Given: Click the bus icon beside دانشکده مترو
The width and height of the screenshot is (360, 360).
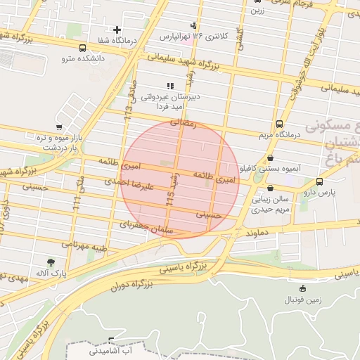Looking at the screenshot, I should tap(84, 49).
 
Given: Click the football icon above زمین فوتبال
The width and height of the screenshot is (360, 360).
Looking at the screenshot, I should tap(303, 288).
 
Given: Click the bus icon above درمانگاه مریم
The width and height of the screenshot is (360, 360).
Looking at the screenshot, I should tap(280, 122).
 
